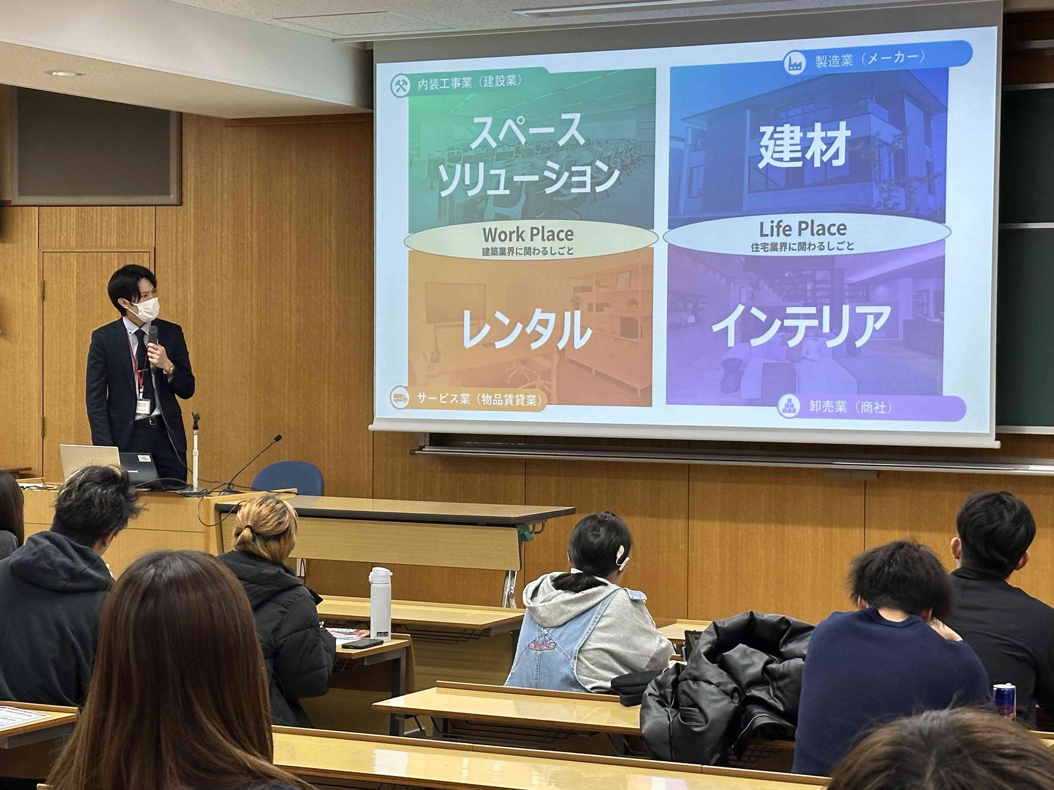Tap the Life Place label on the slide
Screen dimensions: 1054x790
point(803,229)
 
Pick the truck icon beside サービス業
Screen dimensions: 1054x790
point(399,398)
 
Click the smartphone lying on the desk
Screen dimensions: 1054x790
point(362,643)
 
